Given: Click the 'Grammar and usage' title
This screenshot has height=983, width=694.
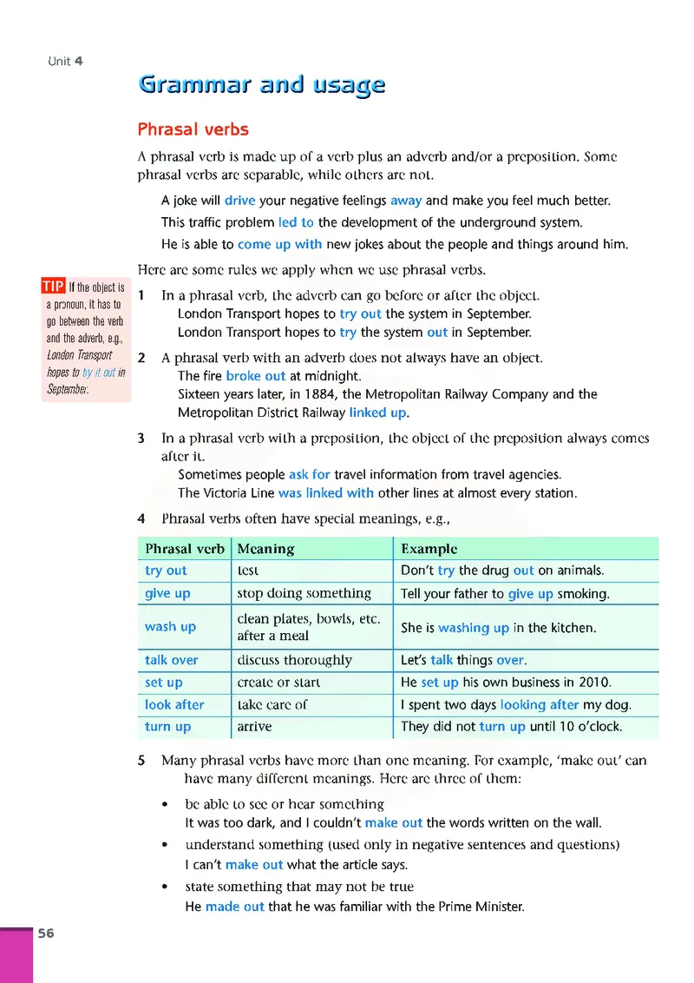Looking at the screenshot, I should [261, 85].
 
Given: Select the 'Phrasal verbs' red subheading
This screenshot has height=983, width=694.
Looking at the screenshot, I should [193, 129].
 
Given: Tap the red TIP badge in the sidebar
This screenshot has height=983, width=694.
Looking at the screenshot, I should [53, 287].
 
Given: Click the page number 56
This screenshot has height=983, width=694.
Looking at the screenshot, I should [45, 934].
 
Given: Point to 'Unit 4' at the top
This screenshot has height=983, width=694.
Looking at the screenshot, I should [66, 61].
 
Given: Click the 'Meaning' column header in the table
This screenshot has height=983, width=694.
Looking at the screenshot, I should [265, 549].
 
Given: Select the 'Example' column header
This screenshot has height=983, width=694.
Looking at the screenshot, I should [429, 549].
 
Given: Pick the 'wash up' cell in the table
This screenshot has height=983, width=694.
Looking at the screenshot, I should [170, 626].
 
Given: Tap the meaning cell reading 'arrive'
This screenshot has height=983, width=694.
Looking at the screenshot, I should [254, 727].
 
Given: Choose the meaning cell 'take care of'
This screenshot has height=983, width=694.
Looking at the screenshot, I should [272, 704].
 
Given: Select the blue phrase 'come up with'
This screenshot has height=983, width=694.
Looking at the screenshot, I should [279, 244].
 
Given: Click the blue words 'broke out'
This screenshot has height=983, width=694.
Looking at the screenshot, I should [255, 376].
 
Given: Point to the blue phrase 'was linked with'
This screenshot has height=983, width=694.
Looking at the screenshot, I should [326, 492].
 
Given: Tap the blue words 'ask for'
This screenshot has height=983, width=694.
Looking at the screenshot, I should [310, 474].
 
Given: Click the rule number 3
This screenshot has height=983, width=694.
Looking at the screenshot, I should [141, 439].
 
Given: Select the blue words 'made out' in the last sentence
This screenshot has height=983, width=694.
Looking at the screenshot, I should [234, 907].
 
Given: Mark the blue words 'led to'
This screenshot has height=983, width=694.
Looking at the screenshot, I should [296, 222].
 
